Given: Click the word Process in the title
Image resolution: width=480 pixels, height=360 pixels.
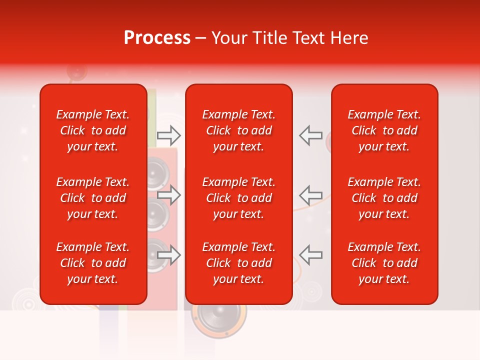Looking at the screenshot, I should click(x=157, y=38).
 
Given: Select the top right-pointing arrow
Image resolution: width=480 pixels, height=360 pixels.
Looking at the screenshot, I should click(x=169, y=135).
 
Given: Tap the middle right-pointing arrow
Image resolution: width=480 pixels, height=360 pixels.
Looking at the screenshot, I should click(x=169, y=195).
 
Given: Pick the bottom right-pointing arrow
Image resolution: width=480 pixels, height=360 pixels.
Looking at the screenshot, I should click(x=169, y=255).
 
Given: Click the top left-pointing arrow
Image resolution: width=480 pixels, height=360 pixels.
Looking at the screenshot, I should click(x=311, y=135).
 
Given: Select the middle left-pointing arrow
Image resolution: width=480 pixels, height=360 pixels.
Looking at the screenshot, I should click(x=311, y=195).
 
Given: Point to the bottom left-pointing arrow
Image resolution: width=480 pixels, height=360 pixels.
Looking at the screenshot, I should click(x=311, y=255).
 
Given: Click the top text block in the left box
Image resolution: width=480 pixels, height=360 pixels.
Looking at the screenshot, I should click(x=93, y=130).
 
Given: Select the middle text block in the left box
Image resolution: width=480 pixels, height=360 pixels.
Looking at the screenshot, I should click(x=93, y=198).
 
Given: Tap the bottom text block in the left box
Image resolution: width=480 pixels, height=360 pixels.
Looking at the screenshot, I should click(x=93, y=263).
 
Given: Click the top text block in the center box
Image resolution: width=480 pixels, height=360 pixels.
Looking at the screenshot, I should click(x=239, y=130).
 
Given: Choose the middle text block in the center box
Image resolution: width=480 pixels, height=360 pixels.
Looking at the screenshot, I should click(x=239, y=198).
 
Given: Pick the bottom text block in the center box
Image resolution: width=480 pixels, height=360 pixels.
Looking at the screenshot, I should click(x=239, y=263).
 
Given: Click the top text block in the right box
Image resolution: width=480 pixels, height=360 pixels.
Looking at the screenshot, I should click(x=384, y=130).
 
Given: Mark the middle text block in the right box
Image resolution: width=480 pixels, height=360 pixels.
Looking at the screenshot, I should click(x=384, y=198).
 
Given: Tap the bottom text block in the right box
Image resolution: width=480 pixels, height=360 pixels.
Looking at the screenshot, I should click(x=384, y=263).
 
